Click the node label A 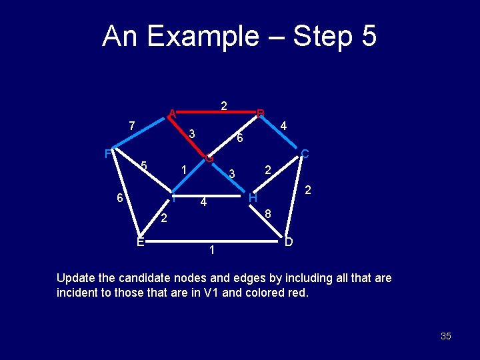point(172,113)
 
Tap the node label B point(261,113)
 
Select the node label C point(304,154)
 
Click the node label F point(108,154)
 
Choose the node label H point(253,198)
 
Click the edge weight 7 point(132,125)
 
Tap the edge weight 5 point(144,166)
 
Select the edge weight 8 point(267,214)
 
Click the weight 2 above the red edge point(225,105)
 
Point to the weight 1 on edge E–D point(211,251)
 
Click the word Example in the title point(204,36)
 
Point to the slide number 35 point(445,336)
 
